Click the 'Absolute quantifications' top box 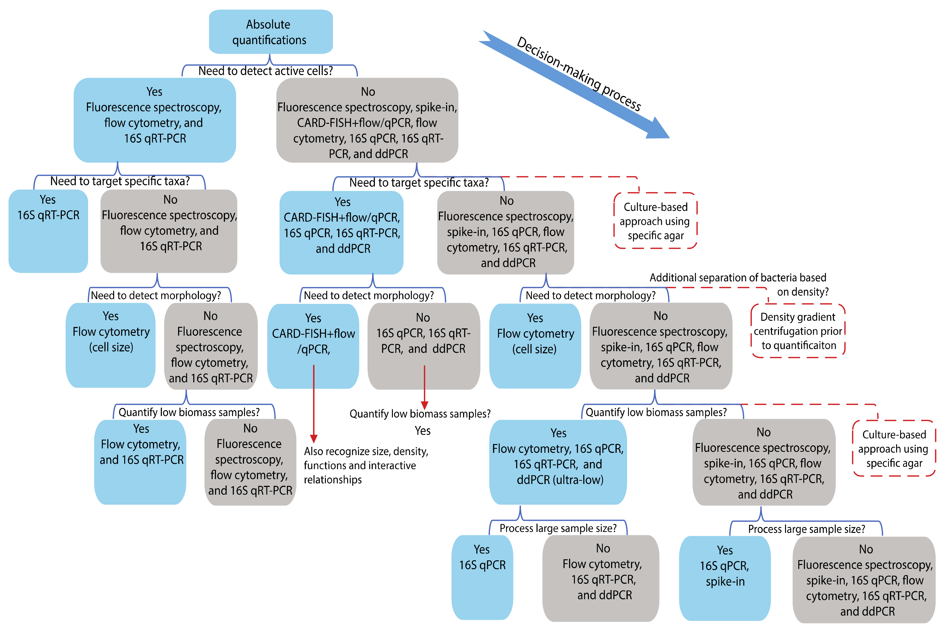tap(270, 32)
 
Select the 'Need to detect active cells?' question tap(265, 71)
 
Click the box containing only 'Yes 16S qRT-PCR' tap(48, 231)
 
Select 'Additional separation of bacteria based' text tap(737, 278)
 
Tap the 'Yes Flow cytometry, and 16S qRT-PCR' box tap(140, 462)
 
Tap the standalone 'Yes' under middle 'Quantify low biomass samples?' tap(422, 431)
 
